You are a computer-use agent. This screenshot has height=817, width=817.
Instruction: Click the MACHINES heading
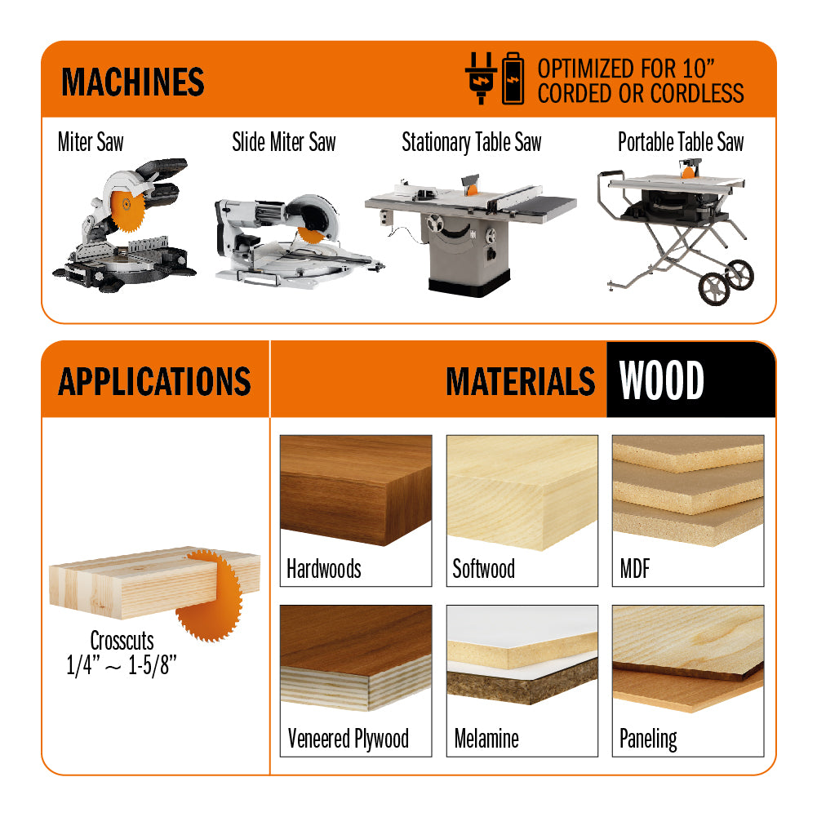[133, 82]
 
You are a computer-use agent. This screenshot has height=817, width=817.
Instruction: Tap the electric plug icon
[481, 78]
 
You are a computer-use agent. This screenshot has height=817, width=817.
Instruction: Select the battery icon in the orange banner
[513, 78]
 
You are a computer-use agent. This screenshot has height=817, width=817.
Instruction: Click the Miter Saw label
[91, 142]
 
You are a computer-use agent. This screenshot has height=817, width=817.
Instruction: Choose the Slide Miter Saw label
[284, 142]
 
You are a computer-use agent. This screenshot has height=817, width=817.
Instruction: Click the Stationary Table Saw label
[472, 142]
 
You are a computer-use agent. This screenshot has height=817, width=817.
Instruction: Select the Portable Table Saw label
[681, 142]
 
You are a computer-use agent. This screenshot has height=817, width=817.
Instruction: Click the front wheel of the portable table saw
[714, 289]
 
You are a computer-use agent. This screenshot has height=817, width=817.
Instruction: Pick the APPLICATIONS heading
[155, 381]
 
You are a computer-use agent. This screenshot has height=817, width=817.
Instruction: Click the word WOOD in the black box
[662, 380]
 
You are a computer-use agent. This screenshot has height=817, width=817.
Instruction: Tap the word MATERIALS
[521, 381]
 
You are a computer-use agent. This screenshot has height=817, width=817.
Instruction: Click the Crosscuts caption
[122, 641]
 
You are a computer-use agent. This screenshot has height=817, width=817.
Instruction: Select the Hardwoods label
[323, 568]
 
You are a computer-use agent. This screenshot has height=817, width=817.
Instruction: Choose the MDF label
[635, 568]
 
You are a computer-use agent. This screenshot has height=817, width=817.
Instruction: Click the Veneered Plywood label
[348, 739]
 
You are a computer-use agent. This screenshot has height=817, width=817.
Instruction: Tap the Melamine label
[486, 739]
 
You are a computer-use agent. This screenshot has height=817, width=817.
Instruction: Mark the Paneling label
[648, 739]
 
